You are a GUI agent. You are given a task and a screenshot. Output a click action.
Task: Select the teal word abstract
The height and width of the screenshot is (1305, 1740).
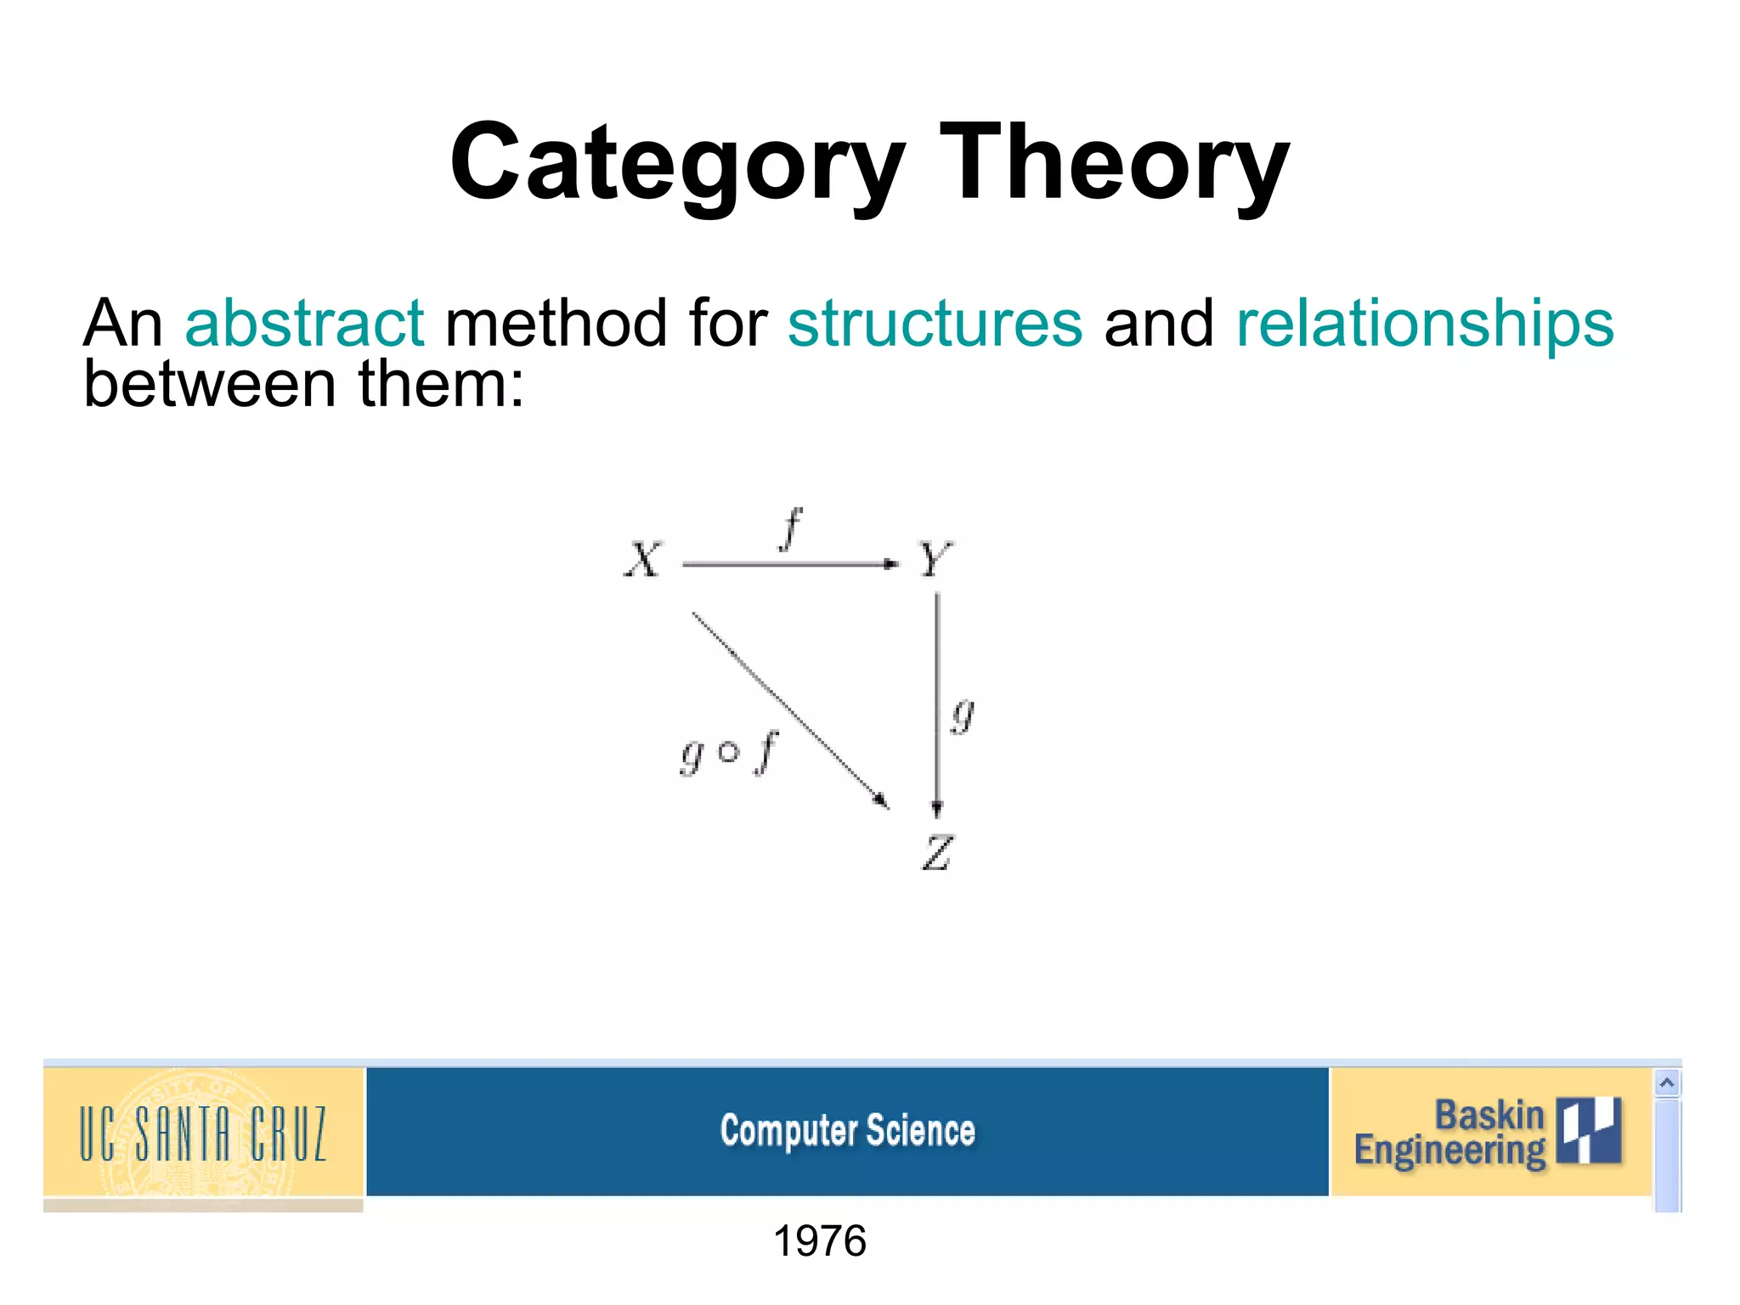coord(304,324)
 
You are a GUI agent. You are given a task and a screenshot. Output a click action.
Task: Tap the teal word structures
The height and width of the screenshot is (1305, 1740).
coord(935,324)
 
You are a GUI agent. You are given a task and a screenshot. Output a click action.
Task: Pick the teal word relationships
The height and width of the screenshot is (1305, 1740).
coord(1425,324)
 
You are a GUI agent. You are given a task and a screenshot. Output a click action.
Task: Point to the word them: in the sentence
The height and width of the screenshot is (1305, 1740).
coord(441,385)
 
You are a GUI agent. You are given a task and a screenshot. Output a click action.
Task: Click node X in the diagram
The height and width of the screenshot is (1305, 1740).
coord(642,561)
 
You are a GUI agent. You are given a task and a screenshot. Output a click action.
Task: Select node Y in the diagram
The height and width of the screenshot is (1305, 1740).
coord(935,560)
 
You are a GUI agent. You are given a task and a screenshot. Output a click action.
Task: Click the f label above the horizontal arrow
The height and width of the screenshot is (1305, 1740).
coord(791,528)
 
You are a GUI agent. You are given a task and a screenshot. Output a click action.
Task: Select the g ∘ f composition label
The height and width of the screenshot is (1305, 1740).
coord(729,753)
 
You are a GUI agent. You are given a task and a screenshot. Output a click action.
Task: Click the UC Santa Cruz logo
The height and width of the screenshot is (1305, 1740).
coord(203,1133)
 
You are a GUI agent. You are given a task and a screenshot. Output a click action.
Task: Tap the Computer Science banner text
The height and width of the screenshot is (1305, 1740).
coord(847,1132)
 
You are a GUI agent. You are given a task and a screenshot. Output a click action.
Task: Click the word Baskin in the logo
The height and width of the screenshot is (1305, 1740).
coord(1489,1115)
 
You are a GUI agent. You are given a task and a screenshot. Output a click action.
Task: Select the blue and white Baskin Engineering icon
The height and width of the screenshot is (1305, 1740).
coord(1589,1130)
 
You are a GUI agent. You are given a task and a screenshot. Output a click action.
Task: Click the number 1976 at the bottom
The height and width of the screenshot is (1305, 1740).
coord(819,1241)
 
